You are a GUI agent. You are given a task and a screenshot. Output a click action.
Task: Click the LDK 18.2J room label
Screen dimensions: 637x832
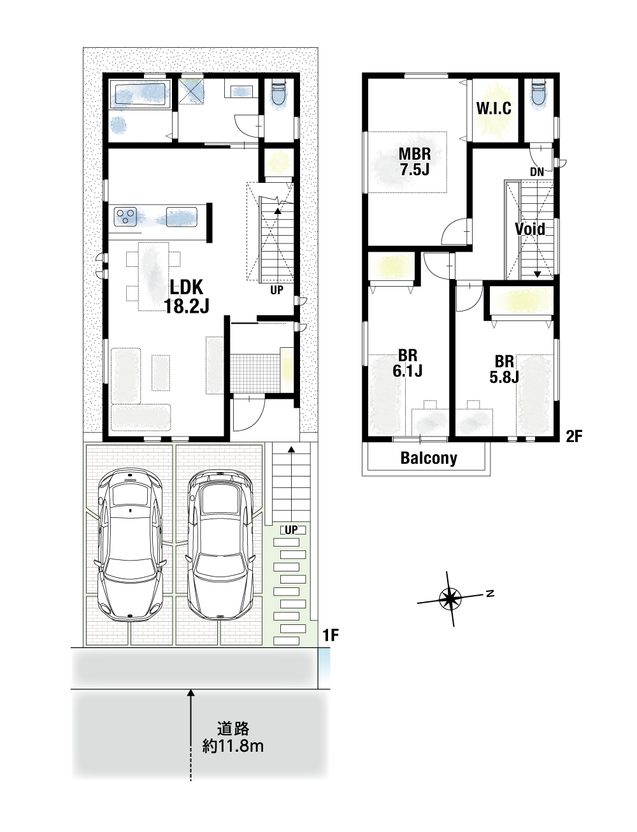point(187,296)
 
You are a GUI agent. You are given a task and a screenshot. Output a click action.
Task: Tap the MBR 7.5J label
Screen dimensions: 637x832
point(415,161)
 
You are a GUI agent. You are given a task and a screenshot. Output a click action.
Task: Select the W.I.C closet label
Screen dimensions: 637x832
point(494,108)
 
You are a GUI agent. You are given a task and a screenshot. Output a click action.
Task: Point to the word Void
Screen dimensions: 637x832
point(529,229)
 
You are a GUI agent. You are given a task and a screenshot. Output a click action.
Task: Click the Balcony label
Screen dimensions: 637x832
point(429,458)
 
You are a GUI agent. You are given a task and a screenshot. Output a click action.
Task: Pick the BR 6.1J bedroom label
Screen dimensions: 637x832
point(407,363)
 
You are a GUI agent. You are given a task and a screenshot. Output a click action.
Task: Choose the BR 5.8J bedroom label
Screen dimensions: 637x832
point(504,369)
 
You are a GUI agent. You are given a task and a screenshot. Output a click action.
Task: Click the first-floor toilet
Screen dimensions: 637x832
point(279,94)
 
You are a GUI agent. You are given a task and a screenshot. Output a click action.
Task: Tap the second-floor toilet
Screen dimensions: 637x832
point(538,93)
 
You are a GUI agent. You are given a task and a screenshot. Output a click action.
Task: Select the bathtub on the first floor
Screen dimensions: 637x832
point(140,94)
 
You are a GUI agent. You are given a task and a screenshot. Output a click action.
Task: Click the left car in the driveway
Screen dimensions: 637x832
point(130,545)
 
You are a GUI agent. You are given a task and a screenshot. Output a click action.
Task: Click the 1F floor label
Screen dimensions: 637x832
point(331,635)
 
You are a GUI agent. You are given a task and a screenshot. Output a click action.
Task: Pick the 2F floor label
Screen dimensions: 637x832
point(574,436)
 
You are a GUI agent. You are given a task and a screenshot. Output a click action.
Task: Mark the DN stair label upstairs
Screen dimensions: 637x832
point(537,172)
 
